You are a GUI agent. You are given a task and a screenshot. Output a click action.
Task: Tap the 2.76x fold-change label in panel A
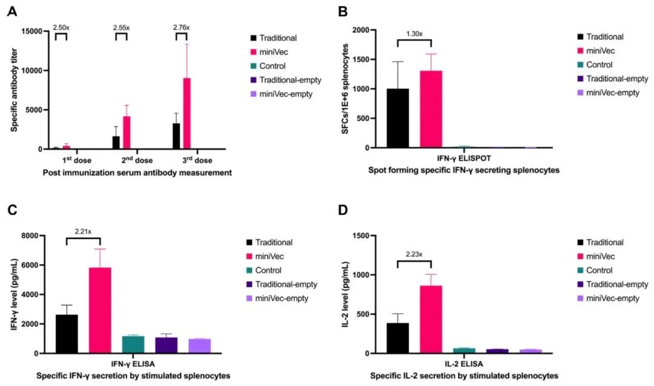click(180, 27)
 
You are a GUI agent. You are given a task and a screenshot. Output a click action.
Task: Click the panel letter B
click(342, 11)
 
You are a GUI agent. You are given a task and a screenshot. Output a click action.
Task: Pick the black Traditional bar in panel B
click(397, 118)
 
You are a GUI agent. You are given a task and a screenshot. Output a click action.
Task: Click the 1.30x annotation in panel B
click(414, 33)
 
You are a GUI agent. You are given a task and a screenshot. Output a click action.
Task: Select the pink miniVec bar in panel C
click(100, 310)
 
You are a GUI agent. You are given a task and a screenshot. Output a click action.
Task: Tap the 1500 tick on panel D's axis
click(371, 235)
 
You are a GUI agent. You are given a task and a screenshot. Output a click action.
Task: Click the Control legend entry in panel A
click(271, 66)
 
